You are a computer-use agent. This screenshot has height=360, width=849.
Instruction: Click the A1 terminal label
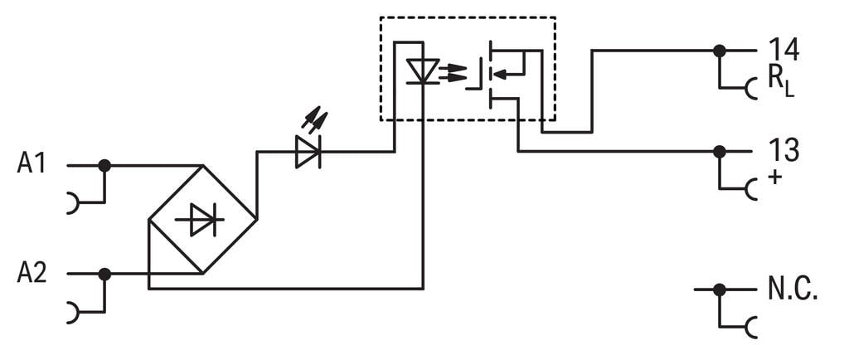[32, 163]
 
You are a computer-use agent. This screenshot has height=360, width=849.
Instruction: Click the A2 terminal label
[32, 272]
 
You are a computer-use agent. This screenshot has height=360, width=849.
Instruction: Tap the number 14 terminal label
[783, 49]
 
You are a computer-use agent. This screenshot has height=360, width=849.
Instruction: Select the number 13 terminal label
[783, 151]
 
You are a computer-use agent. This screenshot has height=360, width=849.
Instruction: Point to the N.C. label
[792, 289]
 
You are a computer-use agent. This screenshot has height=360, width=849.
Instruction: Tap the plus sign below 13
[774, 177]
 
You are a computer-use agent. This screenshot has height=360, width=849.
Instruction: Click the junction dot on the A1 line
[104, 166]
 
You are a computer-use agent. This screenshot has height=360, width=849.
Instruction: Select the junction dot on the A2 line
[104, 274]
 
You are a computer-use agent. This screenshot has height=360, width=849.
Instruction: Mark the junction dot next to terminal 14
[719, 51]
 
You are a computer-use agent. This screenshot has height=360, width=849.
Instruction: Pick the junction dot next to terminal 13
[719, 152]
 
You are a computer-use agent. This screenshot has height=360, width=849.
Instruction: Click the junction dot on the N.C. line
[719, 289]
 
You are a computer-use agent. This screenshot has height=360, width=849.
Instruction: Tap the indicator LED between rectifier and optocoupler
[308, 152]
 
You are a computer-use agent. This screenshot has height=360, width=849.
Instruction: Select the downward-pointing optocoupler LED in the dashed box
[424, 71]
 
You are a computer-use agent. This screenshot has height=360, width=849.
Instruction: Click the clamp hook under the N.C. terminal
[750, 327]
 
